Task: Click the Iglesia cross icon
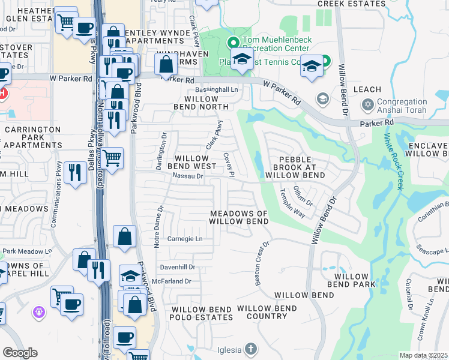[x=250, y=349]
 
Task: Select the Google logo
[x=20, y=353]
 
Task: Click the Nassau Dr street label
[x=188, y=176]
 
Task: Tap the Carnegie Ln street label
[x=185, y=239]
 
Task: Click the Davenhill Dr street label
[x=177, y=266]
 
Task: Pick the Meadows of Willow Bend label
[x=239, y=217]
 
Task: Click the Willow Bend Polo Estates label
[x=201, y=313]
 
